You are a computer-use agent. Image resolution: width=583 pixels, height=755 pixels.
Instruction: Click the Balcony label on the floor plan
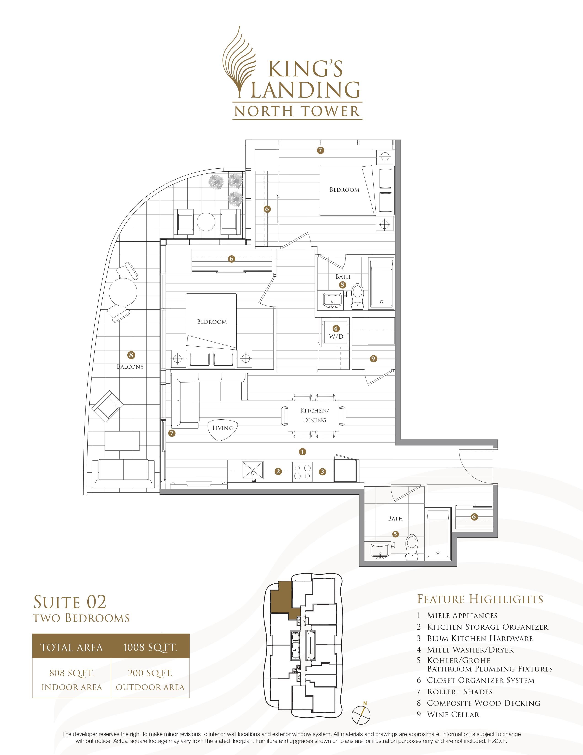pyautogui.click(x=130, y=367)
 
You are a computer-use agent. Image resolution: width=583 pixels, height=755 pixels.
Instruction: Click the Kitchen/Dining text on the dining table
pyautogui.click(x=315, y=415)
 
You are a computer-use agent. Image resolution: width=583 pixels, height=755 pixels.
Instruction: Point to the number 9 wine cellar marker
pyautogui.click(x=373, y=359)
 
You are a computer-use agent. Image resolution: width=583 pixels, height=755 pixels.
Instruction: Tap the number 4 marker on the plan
pyautogui.click(x=335, y=328)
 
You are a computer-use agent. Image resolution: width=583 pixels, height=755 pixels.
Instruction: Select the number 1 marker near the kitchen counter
pyautogui.click(x=302, y=451)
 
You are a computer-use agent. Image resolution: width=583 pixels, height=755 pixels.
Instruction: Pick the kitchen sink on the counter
pyautogui.click(x=252, y=471)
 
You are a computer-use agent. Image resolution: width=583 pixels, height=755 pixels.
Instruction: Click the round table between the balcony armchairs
pyautogui.click(x=206, y=222)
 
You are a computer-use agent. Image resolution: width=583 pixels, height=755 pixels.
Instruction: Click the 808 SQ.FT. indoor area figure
pyautogui.click(x=72, y=673)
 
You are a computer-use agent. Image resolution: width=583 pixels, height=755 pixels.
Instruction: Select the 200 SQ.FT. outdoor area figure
pyautogui.click(x=150, y=673)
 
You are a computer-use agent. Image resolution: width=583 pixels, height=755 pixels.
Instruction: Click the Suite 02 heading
pyautogui.click(x=70, y=602)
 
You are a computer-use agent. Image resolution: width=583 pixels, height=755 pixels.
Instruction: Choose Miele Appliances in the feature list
pyautogui.click(x=462, y=616)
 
